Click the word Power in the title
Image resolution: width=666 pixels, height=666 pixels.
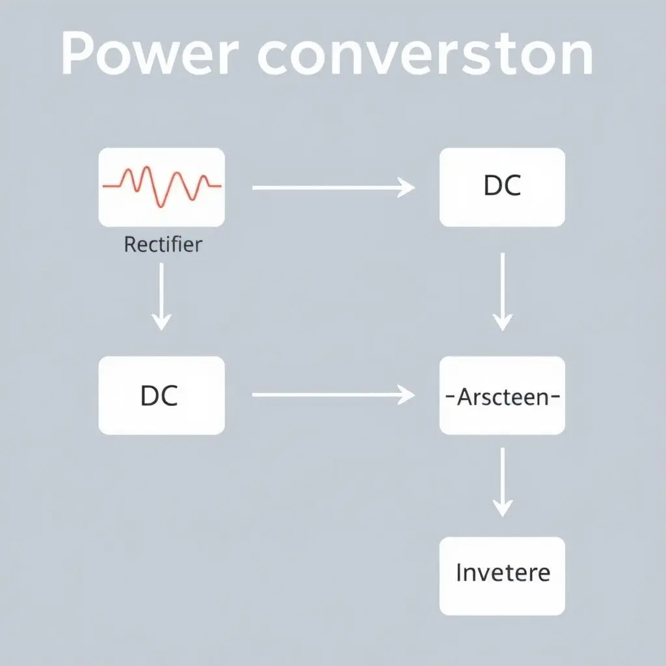tap(147, 55)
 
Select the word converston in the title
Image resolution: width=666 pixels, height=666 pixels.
tap(426, 55)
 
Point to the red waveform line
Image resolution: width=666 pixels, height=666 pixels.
tap(163, 185)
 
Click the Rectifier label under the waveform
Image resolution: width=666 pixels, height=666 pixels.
tap(163, 245)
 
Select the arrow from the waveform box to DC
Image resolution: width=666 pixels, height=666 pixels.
tap(332, 187)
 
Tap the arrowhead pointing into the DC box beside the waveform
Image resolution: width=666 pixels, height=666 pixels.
tap(408, 187)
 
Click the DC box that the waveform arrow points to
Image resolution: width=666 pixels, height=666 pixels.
tap(502, 187)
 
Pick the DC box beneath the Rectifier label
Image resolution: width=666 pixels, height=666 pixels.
tap(161, 395)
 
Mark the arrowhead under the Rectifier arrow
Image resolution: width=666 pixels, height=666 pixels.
tap(161, 321)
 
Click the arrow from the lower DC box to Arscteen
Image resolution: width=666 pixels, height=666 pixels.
tap(332, 394)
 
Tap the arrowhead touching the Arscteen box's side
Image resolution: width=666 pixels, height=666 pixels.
tap(408, 394)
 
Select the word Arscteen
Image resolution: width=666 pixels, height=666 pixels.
tap(503, 396)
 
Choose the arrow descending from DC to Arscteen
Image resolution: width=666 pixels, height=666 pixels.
tap(502, 290)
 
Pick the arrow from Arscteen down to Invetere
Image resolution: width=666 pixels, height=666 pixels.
tap(502, 481)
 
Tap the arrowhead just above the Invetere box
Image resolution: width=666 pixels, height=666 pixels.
tap(502, 508)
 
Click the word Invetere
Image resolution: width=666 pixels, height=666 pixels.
tap(503, 573)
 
